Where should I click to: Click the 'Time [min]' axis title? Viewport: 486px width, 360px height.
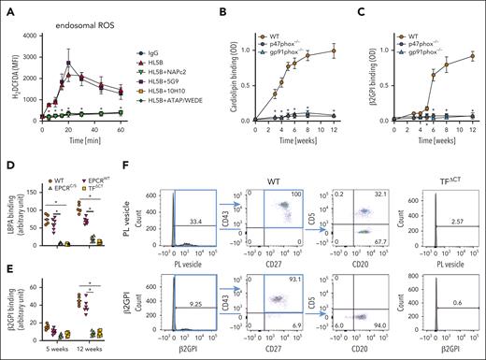pyautogui.click(x=91, y=137)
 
